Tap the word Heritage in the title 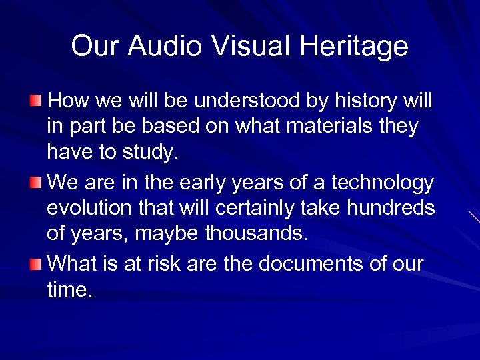[354, 46]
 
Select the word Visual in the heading [253, 46]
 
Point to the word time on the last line [67, 290]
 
